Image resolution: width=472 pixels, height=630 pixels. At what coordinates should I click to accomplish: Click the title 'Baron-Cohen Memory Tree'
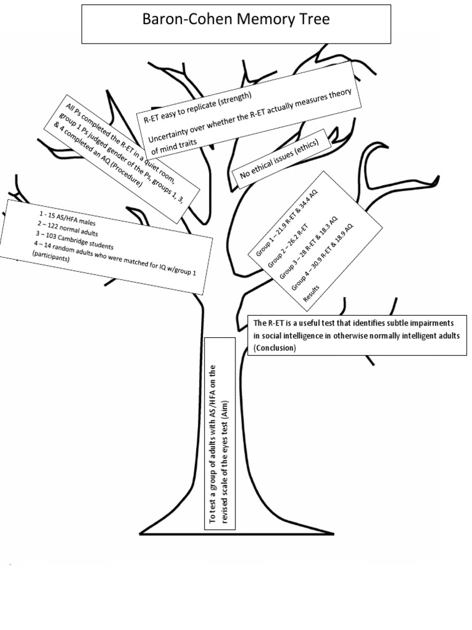pos(236,20)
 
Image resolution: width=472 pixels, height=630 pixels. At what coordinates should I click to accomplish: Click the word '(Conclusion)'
pos(274,349)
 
